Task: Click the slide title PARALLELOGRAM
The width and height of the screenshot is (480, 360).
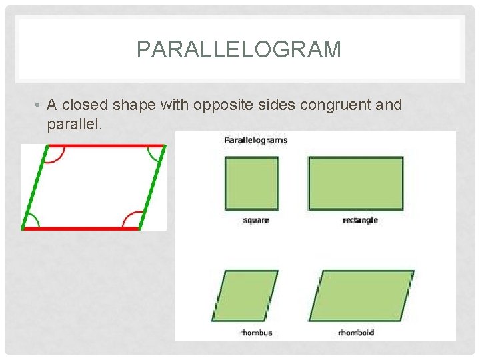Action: pyautogui.click(x=239, y=49)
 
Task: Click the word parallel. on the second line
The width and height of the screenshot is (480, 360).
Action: pyautogui.click(x=75, y=124)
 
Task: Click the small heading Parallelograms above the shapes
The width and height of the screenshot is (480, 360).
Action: pyautogui.click(x=255, y=140)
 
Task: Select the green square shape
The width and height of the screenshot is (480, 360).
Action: pyautogui.click(x=251, y=183)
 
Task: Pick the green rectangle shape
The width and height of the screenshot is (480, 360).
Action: pyautogui.click(x=355, y=183)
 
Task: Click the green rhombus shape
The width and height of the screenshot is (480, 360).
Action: pyautogui.click(x=251, y=296)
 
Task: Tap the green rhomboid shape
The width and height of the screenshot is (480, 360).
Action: pyautogui.click(x=360, y=296)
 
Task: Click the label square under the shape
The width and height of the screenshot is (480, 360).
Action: pyautogui.click(x=256, y=220)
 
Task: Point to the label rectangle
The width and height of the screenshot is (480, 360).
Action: pyautogui.click(x=360, y=220)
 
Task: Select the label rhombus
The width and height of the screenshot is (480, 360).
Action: pyautogui.click(x=256, y=332)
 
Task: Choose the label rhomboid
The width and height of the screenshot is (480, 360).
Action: pyautogui.click(x=356, y=332)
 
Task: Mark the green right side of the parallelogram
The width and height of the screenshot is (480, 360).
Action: pyautogui.click(x=152, y=187)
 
